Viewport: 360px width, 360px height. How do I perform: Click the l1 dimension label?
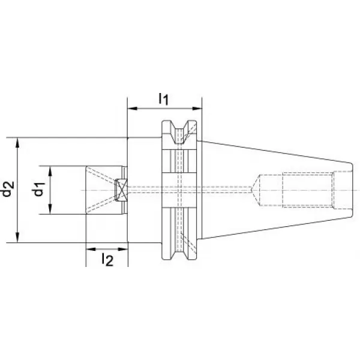(164, 99)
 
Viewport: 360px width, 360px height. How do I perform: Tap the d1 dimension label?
(39, 190)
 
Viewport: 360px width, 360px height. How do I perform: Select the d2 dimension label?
(8, 190)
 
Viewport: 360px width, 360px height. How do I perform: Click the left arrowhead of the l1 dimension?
(132, 109)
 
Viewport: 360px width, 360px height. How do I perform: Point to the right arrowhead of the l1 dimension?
(197, 109)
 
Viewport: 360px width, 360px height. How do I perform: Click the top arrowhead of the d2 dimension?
(17, 142)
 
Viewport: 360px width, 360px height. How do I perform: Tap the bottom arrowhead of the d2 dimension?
(17, 238)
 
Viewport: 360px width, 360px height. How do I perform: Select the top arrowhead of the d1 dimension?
(50, 170)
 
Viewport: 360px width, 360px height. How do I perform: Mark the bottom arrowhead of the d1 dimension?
(50, 209)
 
